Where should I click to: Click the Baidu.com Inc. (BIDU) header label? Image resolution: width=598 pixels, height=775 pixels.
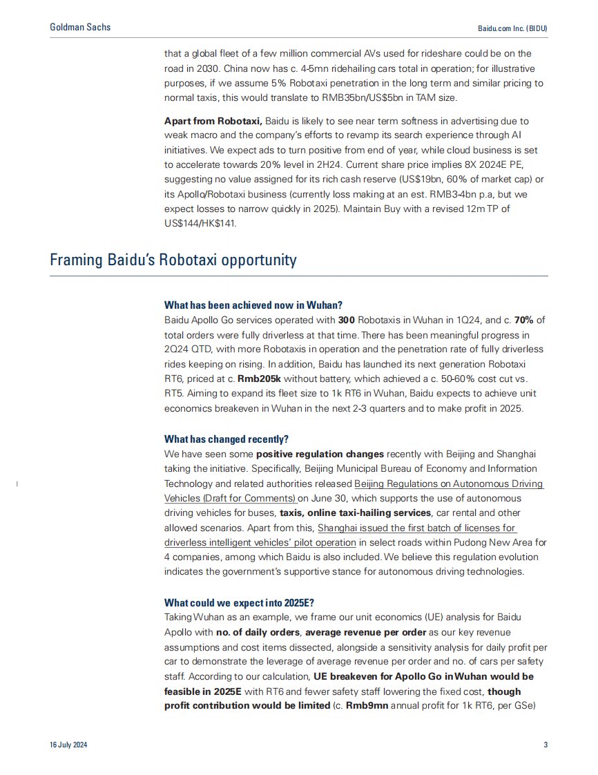pyautogui.click(x=512, y=29)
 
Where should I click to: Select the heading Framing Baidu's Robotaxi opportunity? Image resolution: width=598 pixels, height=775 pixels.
pyautogui.click(x=173, y=260)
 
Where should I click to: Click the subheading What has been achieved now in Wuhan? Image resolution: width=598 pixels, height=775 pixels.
pyautogui.click(x=253, y=305)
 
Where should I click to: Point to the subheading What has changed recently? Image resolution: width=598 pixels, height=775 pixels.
pyautogui.click(x=226, y=439)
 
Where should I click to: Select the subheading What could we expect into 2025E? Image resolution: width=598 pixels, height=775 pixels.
pyautogui.click(x=239, y=602)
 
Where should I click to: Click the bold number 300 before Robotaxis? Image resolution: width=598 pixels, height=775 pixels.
pyautogui.click(x=346, y=320)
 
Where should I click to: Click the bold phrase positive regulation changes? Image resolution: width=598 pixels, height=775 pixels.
pyautogui.click(x=320, y=455)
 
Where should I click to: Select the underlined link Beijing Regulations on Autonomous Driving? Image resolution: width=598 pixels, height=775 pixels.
pyautogui.click(x=449, y=484)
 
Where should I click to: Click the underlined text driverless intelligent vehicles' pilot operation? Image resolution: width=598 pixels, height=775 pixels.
pyautogui.click(x=260, y=542)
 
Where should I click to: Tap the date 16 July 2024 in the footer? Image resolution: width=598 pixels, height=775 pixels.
pyautogui.click(x=68, y=745)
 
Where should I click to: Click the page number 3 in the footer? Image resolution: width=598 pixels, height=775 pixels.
pyautogui.click(x=546, y=745)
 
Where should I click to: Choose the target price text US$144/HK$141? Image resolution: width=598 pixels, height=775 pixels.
pyautogui.click(x=201, y=223)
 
